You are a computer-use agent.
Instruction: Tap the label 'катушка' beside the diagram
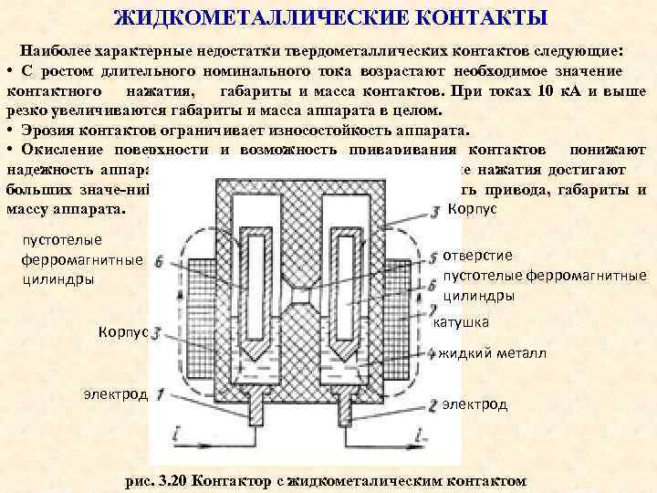464,322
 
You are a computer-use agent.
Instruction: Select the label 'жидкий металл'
493,353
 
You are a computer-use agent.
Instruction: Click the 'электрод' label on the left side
115,393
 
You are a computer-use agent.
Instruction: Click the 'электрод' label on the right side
474,404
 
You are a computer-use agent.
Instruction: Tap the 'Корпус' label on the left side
122,332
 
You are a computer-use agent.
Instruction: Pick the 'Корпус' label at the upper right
473,208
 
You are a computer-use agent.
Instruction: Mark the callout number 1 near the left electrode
161,394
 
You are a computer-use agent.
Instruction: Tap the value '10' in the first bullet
547,91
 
